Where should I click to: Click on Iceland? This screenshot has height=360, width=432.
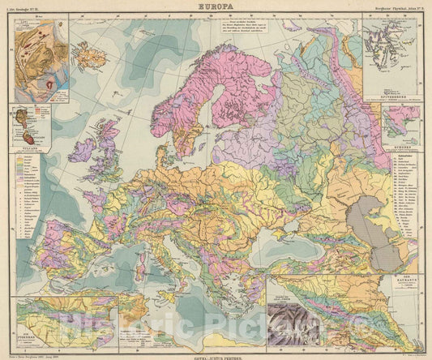click(x=87, y=55)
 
